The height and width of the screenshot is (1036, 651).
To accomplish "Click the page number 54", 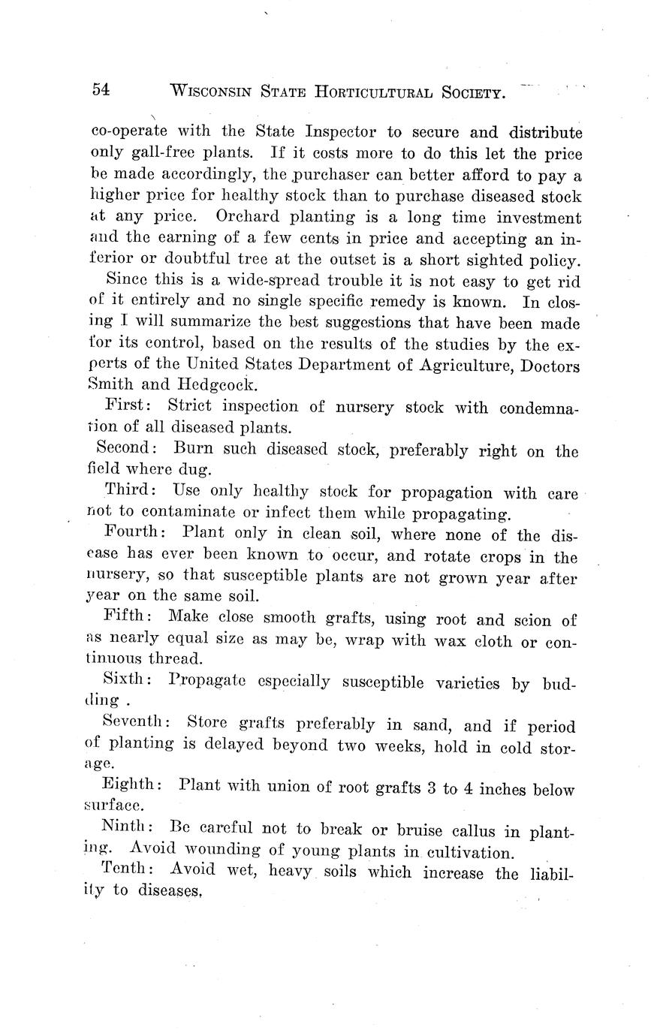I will pyautogui.click(x=101, y=89).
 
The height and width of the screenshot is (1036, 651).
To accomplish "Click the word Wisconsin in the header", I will pyautogui.click(x=216, y=91).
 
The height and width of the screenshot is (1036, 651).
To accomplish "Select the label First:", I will pyautogui.click(x=130, y=406).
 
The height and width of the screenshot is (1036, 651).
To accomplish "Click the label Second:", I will pyautogui.click(x=127, y=448).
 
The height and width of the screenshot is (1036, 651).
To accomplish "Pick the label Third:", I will pyautogui.click(x=131, y=490).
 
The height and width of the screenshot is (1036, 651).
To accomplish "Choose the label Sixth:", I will pyautogui.click(x=129, y=680).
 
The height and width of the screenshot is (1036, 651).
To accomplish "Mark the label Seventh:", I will pyautogui.click(x=136, y=722).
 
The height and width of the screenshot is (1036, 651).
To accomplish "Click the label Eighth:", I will pyautogui.click(x=131, y=785).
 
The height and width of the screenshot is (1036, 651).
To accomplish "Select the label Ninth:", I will pyautogui.click(x=128, y=827).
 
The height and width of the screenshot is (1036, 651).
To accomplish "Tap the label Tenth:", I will pyautogui.click(x=128, y=869).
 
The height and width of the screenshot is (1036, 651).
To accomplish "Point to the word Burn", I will pyautogui.click(x=193, y=449).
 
